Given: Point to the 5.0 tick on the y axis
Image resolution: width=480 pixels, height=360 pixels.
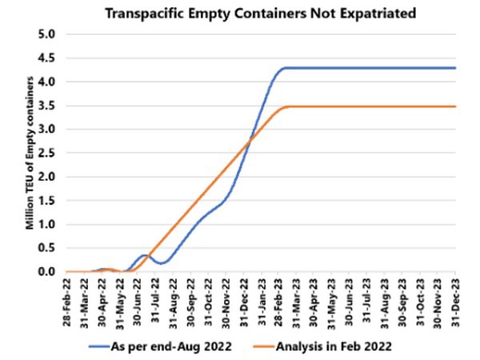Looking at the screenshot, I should point(45,35).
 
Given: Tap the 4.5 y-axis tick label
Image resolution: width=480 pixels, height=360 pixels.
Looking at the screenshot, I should point(45,58).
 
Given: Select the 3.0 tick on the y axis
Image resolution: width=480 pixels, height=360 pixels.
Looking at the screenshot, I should point(45,130).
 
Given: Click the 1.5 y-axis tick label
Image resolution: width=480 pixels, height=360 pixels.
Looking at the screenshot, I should point(45,201).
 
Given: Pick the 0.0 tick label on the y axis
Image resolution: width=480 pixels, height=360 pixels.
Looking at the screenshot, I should point(45,272).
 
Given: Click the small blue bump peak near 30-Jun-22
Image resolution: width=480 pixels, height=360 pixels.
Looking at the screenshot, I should point(144,255).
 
